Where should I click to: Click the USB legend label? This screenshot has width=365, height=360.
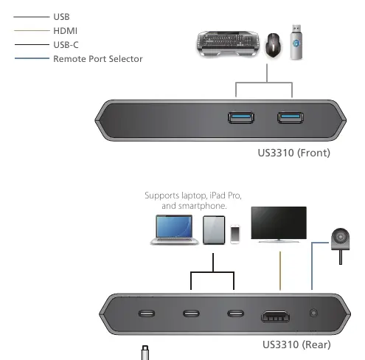tap(61, 17)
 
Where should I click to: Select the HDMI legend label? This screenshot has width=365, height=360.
tap(66, 31)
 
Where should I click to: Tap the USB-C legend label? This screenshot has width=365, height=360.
tap(66, 45)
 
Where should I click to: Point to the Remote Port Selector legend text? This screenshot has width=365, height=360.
tap(98, 59)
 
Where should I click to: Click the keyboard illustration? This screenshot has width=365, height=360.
tap(228, 44)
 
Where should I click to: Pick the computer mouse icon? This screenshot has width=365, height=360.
tap(274, 46)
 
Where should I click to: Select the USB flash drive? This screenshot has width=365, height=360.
tap(296, 42)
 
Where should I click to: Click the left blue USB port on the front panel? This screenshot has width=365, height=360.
tap(241, 117)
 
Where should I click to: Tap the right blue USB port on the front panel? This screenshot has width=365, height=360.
tap(291, 117)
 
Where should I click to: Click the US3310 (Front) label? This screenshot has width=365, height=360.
tap(294, 153)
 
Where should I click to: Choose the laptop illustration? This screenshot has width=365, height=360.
tap(174, 230)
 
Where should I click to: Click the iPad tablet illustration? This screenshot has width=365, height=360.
tap(214, 230)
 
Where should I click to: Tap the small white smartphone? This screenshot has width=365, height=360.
tap(235, 234)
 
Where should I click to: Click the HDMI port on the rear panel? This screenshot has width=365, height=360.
tap(275, 316)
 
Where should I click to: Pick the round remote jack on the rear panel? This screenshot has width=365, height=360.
tap(313, 314)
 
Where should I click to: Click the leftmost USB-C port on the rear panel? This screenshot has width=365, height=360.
tap(147, 314)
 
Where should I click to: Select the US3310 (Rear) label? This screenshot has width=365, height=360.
tap(296, 345)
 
